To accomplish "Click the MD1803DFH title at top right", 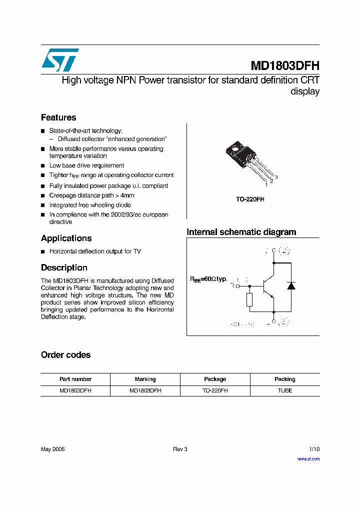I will (284, 65).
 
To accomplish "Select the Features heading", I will (58, 117).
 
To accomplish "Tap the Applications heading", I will (66, 238).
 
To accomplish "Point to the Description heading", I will (64, 267).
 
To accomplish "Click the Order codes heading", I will (65, 355).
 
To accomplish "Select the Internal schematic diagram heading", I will (241, 232).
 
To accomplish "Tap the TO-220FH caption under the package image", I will (250, 199).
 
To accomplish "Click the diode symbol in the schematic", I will (290, 286).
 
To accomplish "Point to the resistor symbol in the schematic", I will (249, 300).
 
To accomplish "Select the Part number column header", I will (75, 379).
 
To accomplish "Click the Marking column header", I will (145, 379).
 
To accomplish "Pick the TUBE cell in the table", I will (285, 390).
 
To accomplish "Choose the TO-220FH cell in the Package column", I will (215, 390).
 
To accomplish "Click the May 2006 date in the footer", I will (52, 449).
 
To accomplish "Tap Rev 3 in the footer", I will (180, 449).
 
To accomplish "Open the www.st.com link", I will (308, 458).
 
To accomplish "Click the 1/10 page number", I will (314, 449).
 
